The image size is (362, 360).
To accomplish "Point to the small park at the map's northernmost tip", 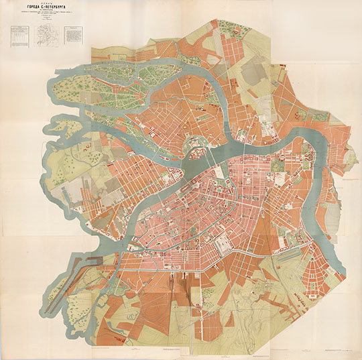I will click(x=221, y=27).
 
